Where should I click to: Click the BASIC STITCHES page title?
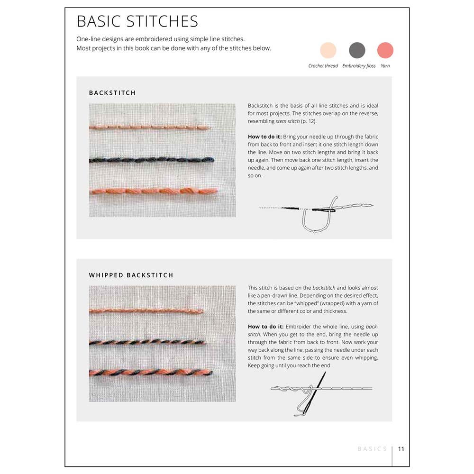(137, 21)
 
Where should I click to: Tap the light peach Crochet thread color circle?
(328, 50)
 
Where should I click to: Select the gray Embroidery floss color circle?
(357, 50)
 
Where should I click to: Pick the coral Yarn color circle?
(385, 50)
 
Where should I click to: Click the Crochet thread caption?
(323, 66)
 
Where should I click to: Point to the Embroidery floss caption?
(359, 66)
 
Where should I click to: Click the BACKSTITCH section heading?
(112, 93)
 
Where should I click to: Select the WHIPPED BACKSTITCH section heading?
(131, 275)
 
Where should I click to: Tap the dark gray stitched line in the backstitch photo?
(152, 160)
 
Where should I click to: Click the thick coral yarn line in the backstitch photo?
(154, 191)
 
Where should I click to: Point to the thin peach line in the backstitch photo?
(150, 127)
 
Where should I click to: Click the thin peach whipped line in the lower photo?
(146, 310)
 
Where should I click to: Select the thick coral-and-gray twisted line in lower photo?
(151, 373)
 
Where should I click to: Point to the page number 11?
(401, 449)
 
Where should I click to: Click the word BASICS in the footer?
(372, 449)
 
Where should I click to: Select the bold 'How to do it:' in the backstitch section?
(264, 137)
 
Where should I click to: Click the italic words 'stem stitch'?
(288, 121)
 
